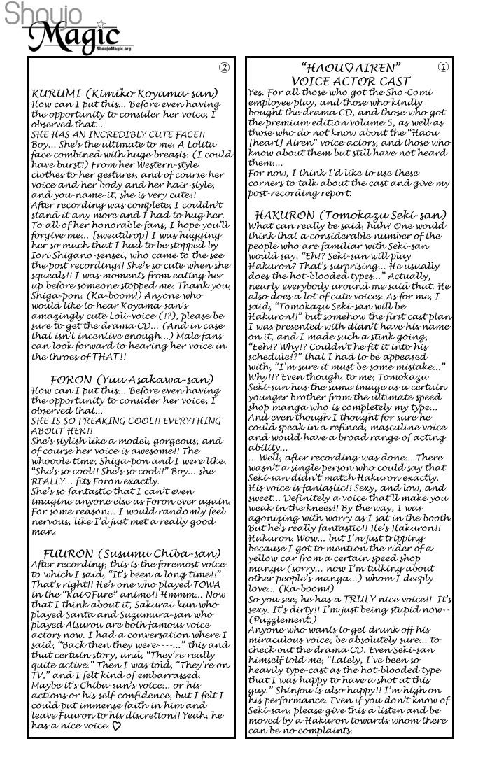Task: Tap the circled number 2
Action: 224,68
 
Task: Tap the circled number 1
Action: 442,67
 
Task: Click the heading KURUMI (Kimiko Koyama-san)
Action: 125,93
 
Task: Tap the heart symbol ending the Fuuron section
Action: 116,726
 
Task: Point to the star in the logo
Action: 104,23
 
